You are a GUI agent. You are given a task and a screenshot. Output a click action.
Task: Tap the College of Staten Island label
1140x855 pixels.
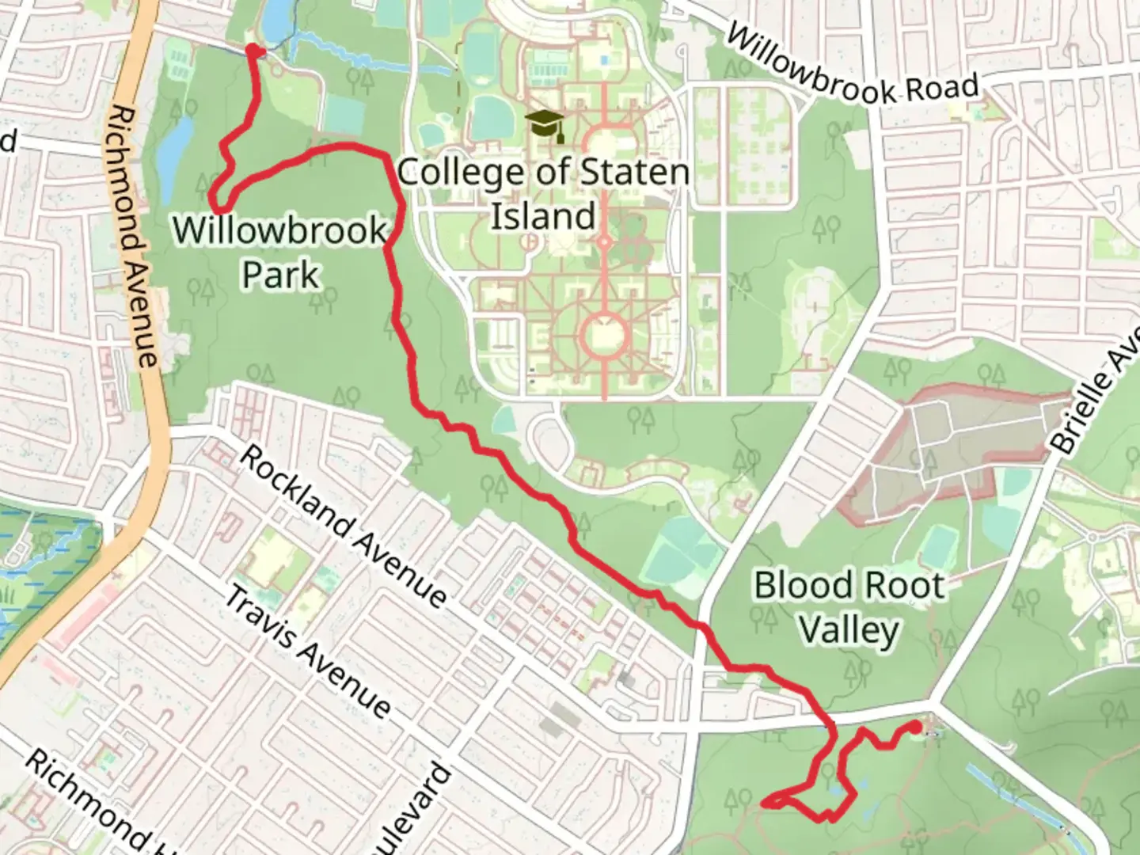coord(543,194)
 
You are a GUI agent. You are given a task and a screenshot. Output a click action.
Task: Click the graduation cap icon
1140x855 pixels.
coord(545,124)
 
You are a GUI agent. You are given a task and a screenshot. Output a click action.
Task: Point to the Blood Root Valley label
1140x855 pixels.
coord(849,607)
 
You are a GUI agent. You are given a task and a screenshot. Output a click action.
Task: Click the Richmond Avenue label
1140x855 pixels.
coord(134,237)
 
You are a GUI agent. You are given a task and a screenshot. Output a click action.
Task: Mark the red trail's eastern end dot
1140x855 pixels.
coord(915,726)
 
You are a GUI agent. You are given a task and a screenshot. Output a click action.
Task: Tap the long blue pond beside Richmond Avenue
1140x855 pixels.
coord(172,159)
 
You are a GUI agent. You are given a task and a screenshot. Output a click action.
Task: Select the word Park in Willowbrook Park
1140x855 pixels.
coord(280,275)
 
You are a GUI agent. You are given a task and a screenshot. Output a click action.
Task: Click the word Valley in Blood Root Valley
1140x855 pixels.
coord(849,630)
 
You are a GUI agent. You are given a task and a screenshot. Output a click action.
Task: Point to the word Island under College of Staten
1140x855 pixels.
coord(543,216)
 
